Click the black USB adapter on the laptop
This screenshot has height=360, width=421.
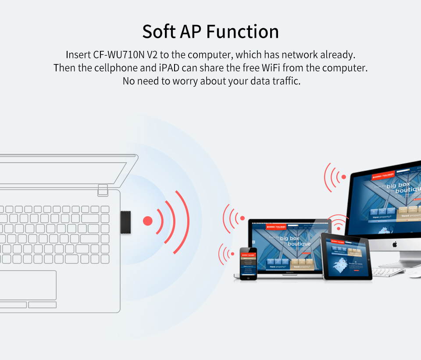[126, 221]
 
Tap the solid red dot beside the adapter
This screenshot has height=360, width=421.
[148, 221]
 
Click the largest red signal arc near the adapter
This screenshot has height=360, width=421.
[183, 221]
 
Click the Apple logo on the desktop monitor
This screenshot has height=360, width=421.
[394, 244]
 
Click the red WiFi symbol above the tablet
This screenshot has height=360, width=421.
[338, 224]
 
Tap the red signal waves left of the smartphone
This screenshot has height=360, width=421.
[227, 253]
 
